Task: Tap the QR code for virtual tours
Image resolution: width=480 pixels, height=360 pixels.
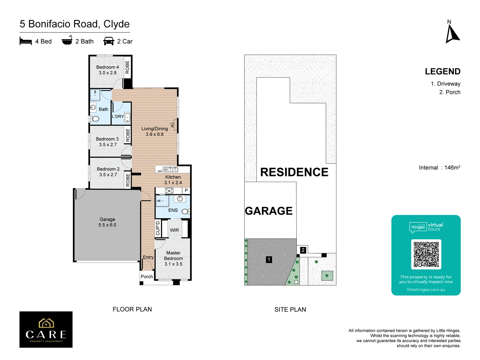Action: click(x=426, y=254)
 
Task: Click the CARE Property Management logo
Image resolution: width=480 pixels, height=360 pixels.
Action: click(x=46, y=329)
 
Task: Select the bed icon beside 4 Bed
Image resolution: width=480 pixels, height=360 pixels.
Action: click(x=26, y=41)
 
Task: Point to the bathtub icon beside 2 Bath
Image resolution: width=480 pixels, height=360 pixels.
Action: click(x=67, y=40)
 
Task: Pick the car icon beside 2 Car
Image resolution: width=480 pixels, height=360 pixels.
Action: click(x=109, y=41)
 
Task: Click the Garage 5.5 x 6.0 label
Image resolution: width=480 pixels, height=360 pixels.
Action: click(x=107, y=222)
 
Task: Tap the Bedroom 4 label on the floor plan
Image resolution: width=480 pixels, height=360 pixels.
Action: click(x=107, y=70)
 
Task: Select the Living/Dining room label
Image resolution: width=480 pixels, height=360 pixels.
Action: click(x=155, y=131)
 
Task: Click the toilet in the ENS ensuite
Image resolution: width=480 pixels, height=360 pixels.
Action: click(x=185, y=211)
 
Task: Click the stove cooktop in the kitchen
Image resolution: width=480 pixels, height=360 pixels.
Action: click(x=169, y=191)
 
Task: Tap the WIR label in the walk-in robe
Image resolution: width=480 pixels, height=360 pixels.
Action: click(x=174, y=230)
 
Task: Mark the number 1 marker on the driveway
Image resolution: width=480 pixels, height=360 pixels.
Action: click(x=269, y=260)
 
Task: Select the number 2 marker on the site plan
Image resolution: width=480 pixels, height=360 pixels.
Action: click(x=303, y=250)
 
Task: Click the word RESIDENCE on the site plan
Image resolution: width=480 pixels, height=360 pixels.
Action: click(x=294, y=172)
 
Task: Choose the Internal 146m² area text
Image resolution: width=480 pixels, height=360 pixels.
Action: click(x=439, y=168)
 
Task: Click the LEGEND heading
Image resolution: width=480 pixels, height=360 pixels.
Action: click(x=442, y=72)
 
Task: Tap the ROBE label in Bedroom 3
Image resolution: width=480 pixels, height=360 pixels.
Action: click(x=128, y=135)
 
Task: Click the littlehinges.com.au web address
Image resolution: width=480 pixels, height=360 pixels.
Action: click(x=426, y=290)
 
